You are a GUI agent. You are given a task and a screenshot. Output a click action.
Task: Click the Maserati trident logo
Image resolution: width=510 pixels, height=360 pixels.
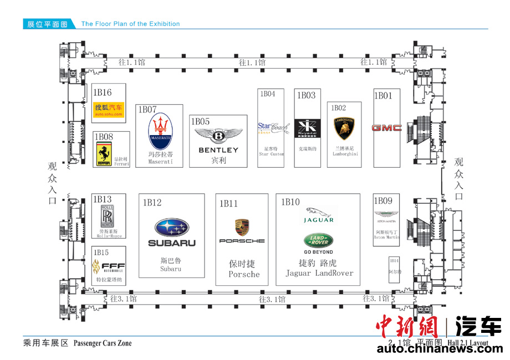[161, 131]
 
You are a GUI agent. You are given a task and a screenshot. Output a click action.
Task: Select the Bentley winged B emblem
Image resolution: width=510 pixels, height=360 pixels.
[218, 136]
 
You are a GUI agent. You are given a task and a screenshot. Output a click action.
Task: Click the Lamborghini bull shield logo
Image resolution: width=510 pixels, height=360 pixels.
[344, 128]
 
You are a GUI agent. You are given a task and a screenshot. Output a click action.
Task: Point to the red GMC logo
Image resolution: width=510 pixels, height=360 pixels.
[386, 128]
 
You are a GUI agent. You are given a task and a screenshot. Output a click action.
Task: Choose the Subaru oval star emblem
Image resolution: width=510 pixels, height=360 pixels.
[172, 228]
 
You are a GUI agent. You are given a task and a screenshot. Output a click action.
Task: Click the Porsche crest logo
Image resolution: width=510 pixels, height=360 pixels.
[242, 227]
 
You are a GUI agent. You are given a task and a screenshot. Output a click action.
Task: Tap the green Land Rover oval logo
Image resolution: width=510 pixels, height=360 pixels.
[318, 240]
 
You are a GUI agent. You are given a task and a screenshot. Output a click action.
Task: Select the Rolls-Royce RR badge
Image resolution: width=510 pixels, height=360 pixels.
[107, 215]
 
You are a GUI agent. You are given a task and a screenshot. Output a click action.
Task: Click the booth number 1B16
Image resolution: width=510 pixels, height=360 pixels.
[103, 92]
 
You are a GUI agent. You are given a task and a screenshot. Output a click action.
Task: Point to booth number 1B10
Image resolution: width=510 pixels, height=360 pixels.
[290, 202]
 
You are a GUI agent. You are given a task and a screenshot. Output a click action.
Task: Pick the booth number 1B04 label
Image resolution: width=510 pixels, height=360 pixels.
[268, 94]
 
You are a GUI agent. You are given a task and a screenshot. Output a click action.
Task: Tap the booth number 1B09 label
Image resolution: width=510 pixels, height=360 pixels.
[383, 200]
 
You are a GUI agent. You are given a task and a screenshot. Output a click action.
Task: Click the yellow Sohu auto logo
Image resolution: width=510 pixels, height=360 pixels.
[109, 110]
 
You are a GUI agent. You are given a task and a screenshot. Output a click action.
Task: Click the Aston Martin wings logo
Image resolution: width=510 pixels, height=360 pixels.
[386, 214]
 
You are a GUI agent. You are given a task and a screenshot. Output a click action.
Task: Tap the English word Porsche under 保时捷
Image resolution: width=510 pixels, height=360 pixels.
[244, 274]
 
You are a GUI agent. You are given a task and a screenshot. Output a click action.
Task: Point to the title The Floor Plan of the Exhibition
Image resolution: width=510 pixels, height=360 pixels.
[130, 24]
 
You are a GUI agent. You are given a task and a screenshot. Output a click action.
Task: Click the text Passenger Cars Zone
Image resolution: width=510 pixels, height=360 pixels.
[103, 343]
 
